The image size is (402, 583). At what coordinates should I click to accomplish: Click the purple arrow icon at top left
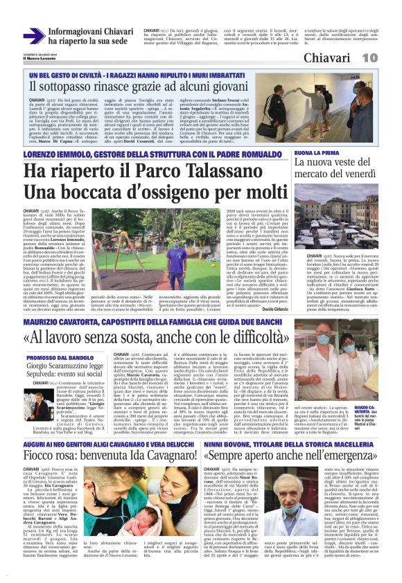tap(34, 36)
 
